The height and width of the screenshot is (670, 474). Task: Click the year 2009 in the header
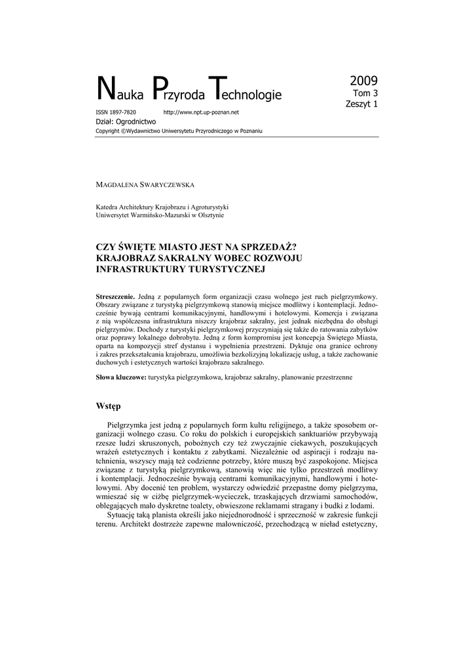(363, 81)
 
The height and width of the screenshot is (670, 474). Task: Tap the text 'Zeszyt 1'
(361, 103)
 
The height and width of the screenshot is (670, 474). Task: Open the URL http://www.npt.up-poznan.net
(201, 113)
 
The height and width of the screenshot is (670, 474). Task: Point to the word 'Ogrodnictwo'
(136, 122)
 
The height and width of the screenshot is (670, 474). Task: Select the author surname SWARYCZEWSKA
(162, 185)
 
